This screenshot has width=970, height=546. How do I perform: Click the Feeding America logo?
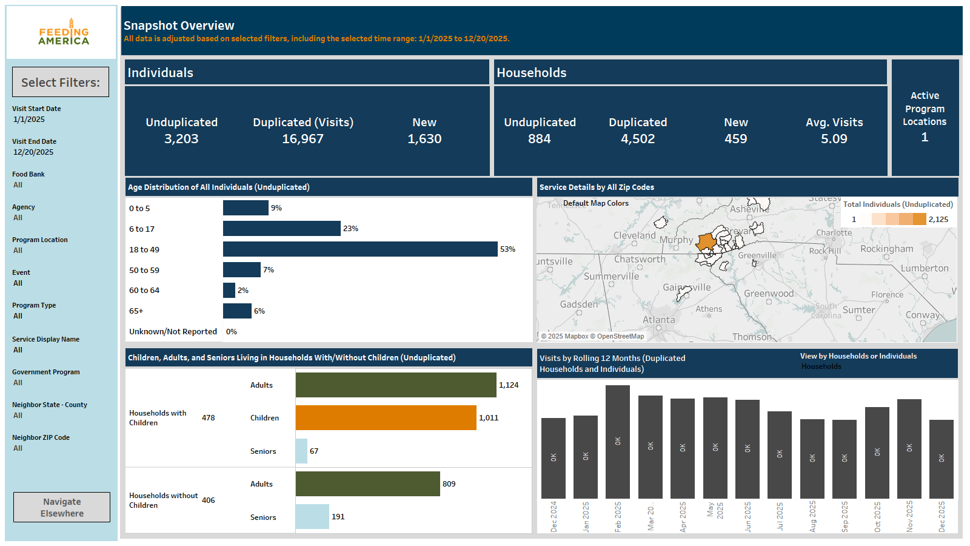(x=63, y=33)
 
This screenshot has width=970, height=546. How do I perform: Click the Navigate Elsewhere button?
(x=62, y=507)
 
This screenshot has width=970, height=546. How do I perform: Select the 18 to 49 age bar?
(x=360, y=249)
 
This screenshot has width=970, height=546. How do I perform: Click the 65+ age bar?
(x=237, y=311)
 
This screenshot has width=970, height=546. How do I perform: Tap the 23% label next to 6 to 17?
(x=350, y=229)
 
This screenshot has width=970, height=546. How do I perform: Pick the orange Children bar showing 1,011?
(x=386, y=418)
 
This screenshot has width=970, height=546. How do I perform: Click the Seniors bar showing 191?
(x=312, y=517)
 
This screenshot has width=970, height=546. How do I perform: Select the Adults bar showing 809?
(x=367, y=484)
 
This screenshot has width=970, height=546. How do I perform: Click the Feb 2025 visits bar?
(x=618, y=442)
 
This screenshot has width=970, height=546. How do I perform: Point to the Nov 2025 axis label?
(x=909, y=516)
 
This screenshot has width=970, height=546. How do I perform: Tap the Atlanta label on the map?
(x=658, y=320)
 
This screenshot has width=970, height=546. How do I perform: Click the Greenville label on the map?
(x=757, y=255)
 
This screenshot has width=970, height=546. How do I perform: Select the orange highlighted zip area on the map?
(x=706, y=242)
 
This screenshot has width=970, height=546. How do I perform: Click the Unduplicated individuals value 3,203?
(x=181, y=139)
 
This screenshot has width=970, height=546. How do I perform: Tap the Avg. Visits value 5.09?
(x=834, y=139)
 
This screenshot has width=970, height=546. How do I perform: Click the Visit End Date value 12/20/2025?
(x=33, y=152)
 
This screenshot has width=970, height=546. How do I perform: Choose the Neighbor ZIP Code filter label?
(x=41, y=437)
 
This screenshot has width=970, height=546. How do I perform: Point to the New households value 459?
(x=735, y=139)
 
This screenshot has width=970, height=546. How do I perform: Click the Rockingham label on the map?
(x=886, y=249)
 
